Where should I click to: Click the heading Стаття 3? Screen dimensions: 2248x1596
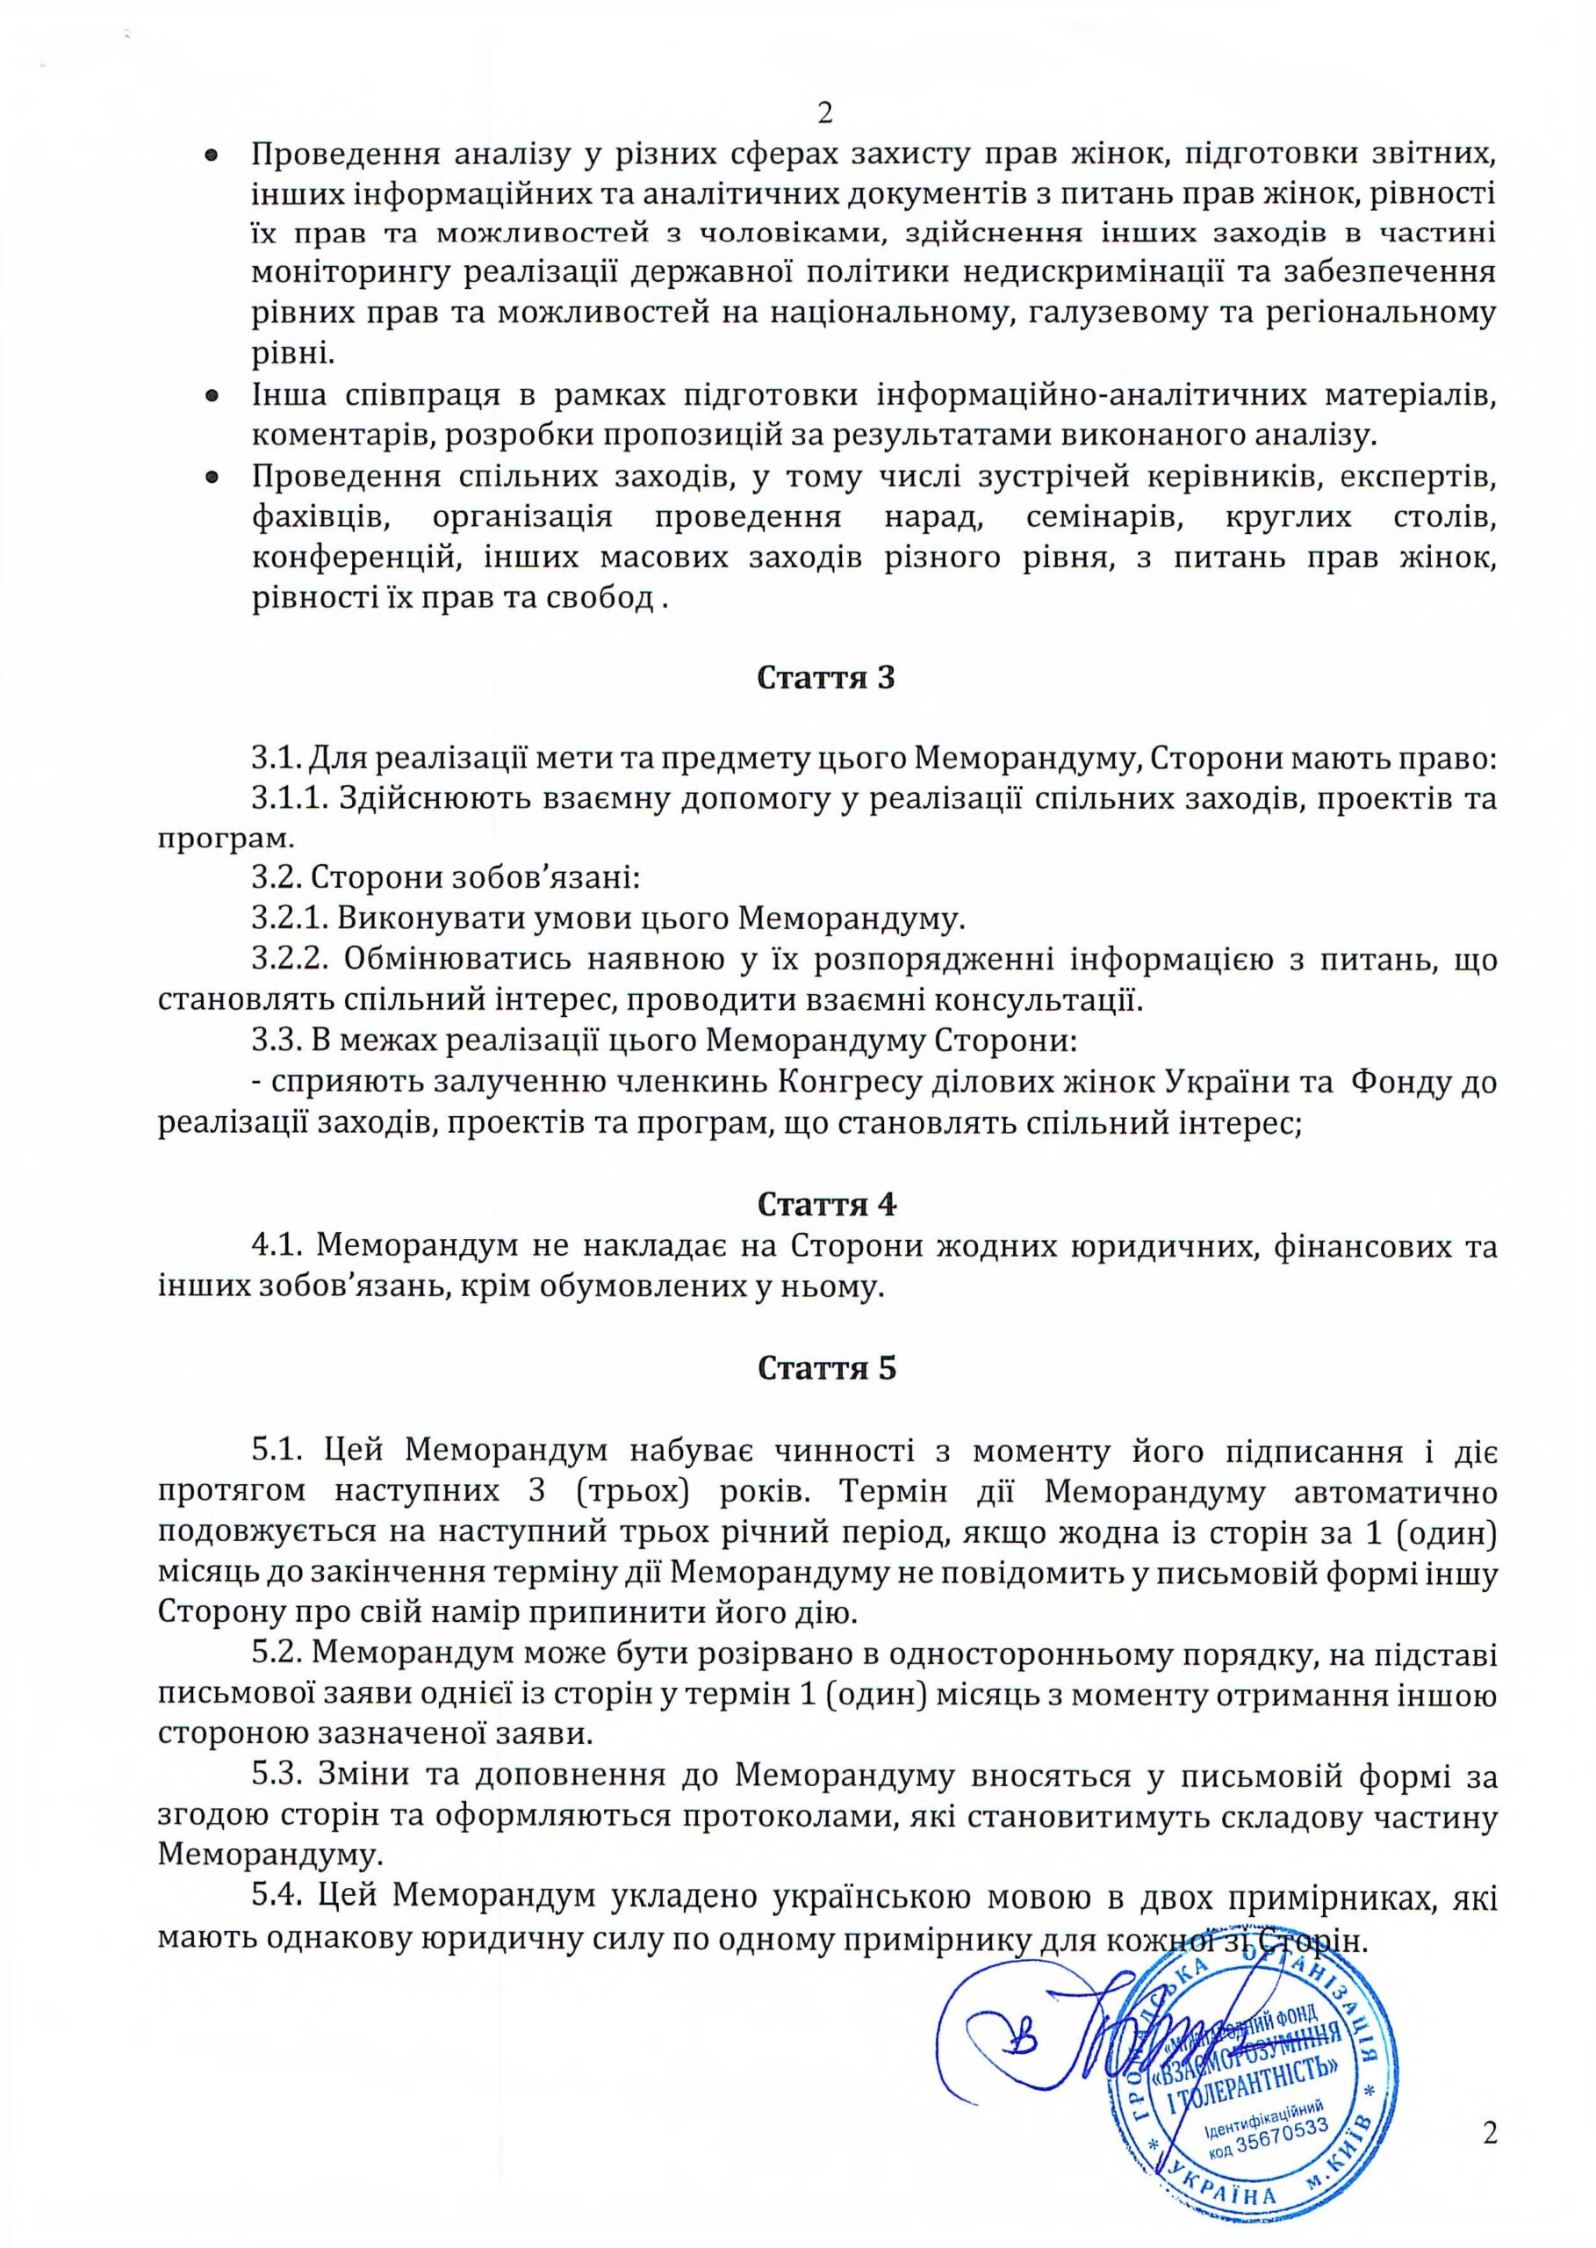pyautogui.click(x=825, y=678)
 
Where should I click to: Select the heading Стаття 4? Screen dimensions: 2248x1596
pyautogui.click(x=825, y=1204)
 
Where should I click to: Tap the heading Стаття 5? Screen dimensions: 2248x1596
pyautogui.click(x=826, y=1368)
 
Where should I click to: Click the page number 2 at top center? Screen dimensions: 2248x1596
pyautogui.click(x=824, y=113)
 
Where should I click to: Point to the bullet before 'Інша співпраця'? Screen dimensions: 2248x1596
pyautogui.click(x=212, y=397)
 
